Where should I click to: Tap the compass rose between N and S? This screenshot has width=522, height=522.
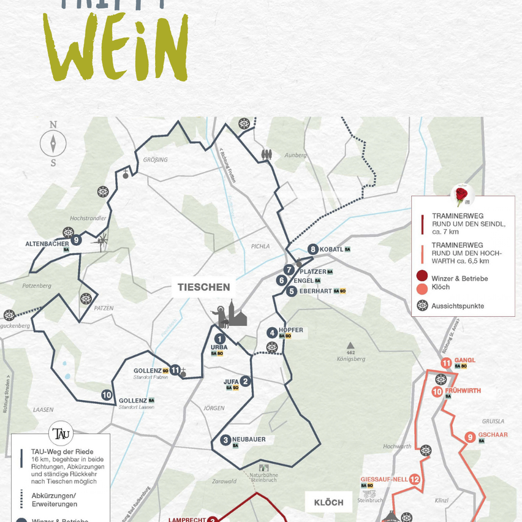tap(53, 144)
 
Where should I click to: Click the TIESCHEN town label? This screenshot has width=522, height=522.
tap(203, 287)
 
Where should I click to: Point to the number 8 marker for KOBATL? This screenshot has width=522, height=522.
tap(313, 249)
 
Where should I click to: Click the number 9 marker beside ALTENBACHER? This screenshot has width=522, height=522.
tap(76, 240)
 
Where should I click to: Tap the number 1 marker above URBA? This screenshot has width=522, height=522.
tap(219, 338)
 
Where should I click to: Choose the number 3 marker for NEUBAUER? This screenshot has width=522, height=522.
tap(225, 440)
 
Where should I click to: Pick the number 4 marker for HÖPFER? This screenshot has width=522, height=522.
tap(272, 333)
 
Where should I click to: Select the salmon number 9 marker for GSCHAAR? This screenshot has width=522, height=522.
tap(469, 437)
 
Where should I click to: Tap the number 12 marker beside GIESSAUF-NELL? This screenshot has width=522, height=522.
tap(415, 480)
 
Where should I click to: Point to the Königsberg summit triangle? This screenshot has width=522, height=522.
tap(350, 345)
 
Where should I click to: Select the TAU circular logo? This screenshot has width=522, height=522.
tap(61, 433)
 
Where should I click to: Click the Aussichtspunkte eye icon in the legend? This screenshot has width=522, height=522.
tap(422, 305)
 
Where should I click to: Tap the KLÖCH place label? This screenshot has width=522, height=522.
tap(328, 502)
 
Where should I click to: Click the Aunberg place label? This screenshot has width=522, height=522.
tap(296, 155)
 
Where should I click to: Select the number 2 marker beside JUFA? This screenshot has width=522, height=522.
tap(246, 381)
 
